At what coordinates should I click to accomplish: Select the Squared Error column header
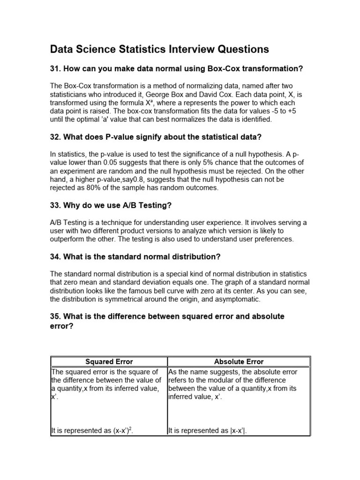109,361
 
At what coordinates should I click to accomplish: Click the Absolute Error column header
239,361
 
